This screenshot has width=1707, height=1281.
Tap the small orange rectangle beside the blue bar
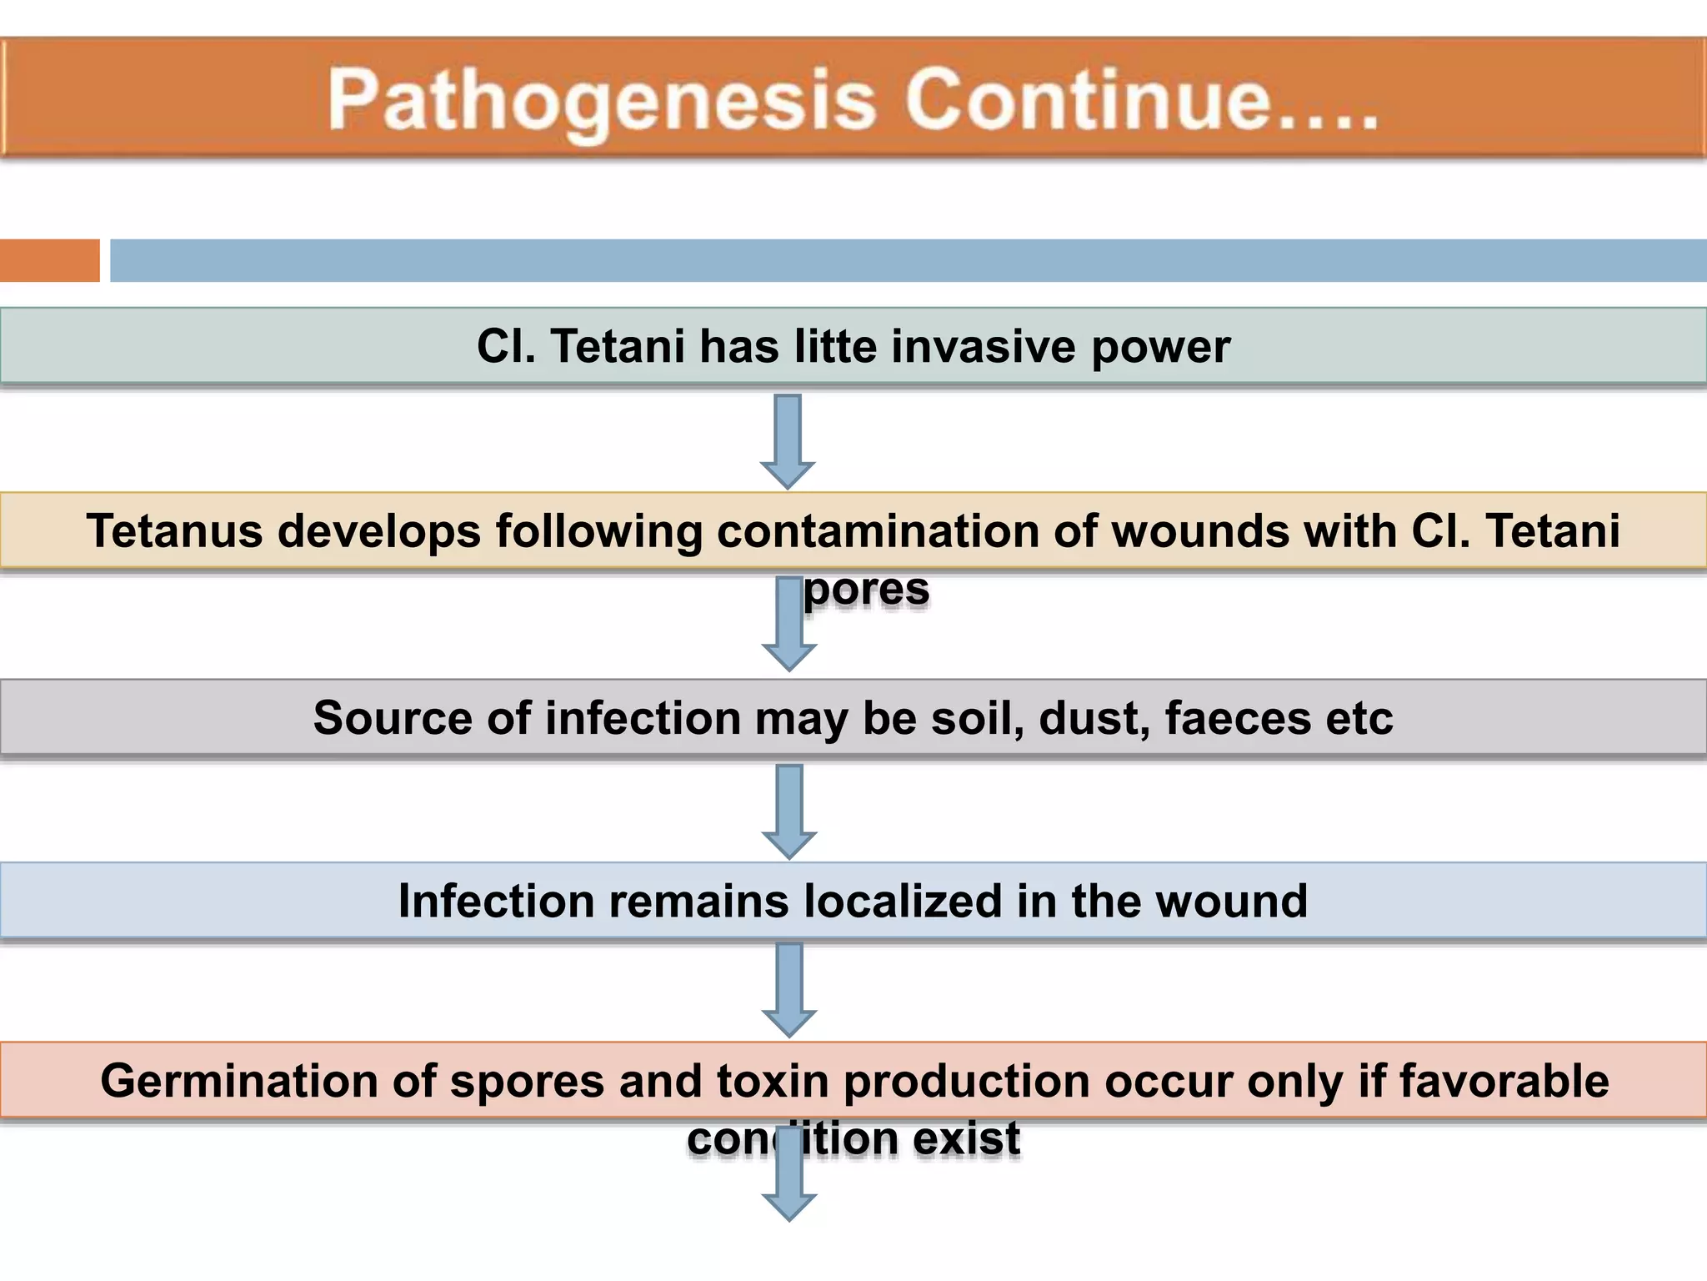(49, 260)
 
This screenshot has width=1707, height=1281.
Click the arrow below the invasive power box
(788, 441)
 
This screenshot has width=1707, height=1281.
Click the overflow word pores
(866, 590)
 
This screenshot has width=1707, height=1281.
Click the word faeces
(1238, 718)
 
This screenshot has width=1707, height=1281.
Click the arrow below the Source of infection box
(789, 811)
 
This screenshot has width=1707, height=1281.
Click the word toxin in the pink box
(773, 1081)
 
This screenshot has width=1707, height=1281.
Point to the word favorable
(1504, 1081)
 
